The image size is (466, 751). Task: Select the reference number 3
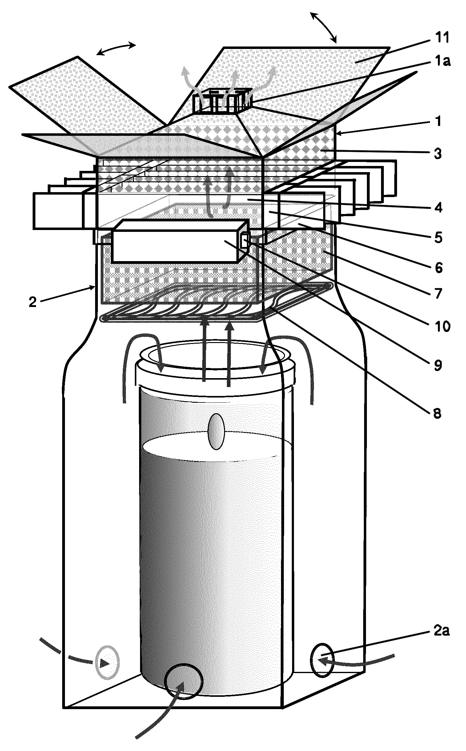pos(438,153)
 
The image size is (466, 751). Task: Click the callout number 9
pos(438,365)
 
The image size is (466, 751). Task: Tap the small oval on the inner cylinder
pos(216,431)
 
